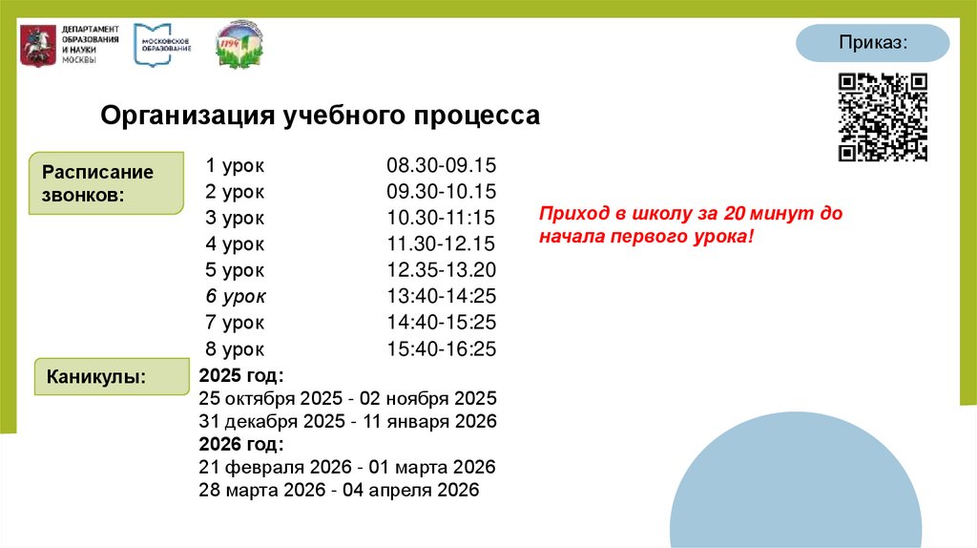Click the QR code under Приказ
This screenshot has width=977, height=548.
pyautogui.click(x=883, y=117)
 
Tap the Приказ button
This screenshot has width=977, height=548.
pyautogui.click(x=873, y=44)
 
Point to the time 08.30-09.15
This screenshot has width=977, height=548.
pyautogui.click(x=442, y=165)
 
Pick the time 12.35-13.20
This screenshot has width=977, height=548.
pyautogui.click(x=442, y=270)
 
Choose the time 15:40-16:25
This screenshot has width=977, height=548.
pyautogui.click(x=442, y=349)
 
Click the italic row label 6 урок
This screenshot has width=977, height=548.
pyautogui.click(x=236, y=296)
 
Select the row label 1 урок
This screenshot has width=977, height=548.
pyautogui.click(x=235, y=165)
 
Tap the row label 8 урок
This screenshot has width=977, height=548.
pyautogui.click(x=235, y=349)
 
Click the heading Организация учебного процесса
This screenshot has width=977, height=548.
pyautogui.click(x=321, y=116)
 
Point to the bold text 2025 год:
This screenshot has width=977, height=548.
pyautogui.click(x=241, y=375)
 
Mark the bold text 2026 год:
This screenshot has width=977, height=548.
pyautogui.click(x=241, y=444)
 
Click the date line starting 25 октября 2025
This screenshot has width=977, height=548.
pyautogui.click(x=348, y=398)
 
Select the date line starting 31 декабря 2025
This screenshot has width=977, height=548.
pyautogui.click(x=348, y=421)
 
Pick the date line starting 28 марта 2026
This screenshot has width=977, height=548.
pyautogui.click(x=339, y=491)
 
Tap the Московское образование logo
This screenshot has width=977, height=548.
pyautogui.click(x=163, y=44)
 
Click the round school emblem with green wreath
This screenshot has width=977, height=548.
pyautogui.click(x=239, y=44)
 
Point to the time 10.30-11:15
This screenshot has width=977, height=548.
pyautogui.click(x=442, y=218)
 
